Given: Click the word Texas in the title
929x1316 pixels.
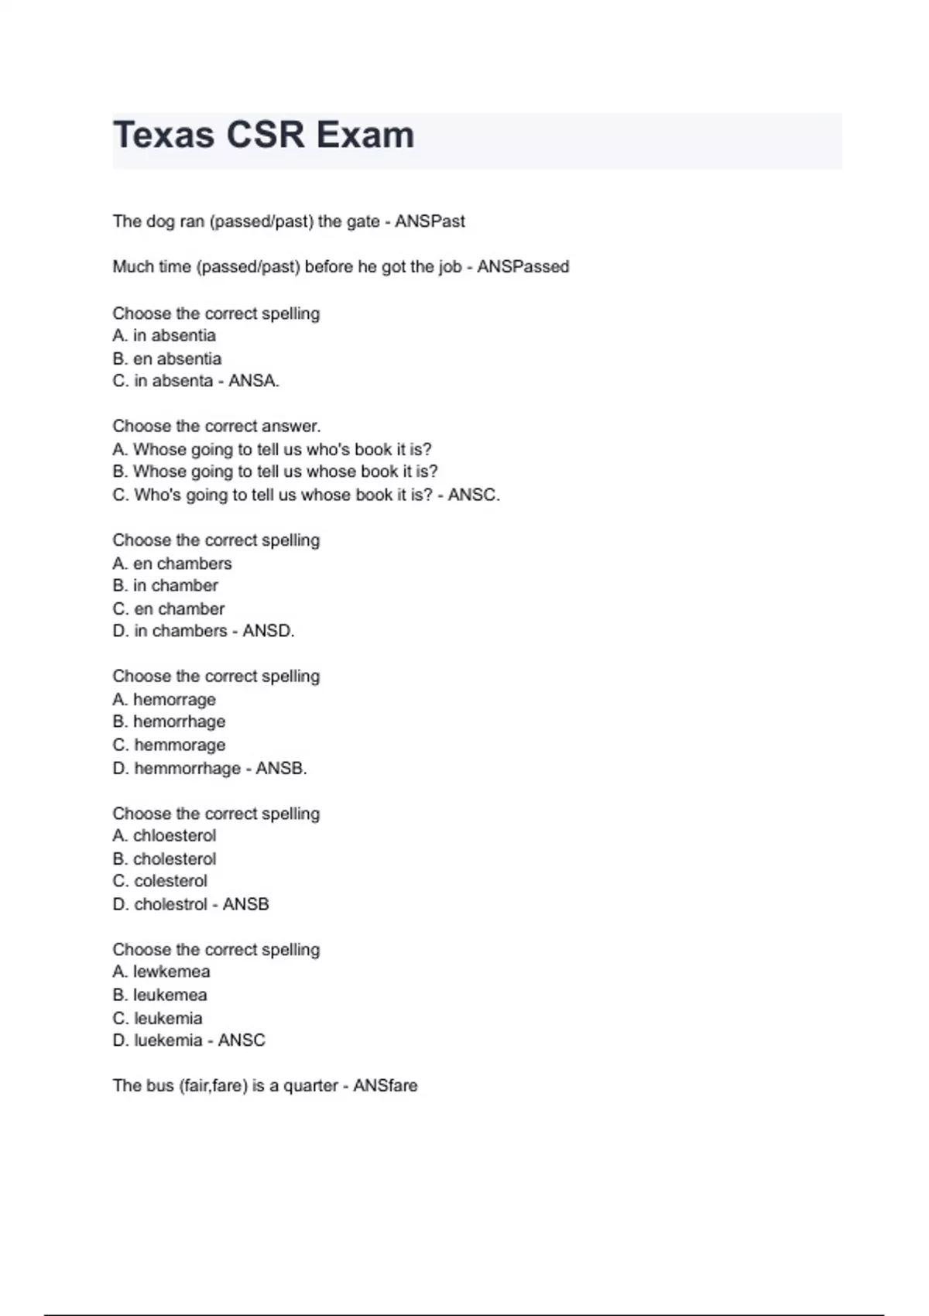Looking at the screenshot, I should click(163, 135).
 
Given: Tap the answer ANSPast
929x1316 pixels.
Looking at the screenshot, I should click(430, 221).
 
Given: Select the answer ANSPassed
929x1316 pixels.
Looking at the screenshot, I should click(523, 267).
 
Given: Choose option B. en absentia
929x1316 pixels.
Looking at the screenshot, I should click(167, 358).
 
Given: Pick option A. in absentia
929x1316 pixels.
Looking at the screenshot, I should click(164, 335).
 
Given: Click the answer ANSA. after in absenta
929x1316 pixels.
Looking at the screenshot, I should click(254, 381).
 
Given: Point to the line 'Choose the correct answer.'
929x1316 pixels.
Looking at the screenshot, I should click(216, 427).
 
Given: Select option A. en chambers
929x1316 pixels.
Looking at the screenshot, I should click(172, 564).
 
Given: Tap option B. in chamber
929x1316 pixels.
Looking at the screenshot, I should click(165, 586).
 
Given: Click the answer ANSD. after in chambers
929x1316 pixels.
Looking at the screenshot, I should click(269, 632).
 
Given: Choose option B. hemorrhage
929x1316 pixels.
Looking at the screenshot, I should click(169, 721).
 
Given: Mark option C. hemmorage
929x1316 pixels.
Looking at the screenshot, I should click(169, 745).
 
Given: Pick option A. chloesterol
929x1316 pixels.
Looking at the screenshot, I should click(164, 836).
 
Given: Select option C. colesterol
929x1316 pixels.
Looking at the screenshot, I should click(159, 881).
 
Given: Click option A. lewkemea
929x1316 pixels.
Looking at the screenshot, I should click(161, 972).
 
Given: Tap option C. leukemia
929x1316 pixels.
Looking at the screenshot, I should click(157, 1018).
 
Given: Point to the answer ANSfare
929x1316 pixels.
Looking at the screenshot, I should click(385, 1086).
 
